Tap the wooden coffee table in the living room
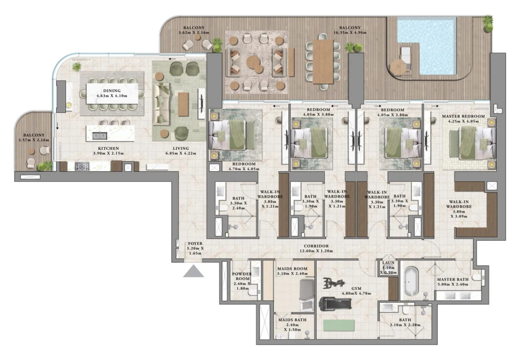pos(184,105)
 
